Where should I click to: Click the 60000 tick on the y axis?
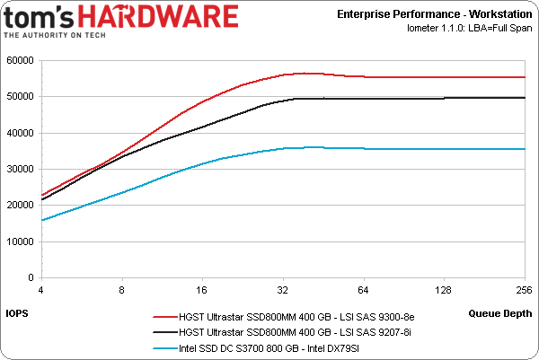[20, 60]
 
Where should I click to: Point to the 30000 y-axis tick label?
[20, 169]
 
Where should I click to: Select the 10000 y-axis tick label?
[20, 241]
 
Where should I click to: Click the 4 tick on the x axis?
[40, 290]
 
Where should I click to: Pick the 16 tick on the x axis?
[201, 290]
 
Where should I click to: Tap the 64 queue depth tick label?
[363, 290]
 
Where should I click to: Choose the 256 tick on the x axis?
[524, 290]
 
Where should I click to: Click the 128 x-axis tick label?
[443, 290]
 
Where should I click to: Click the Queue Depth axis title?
[500, 312]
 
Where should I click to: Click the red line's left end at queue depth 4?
[41, 195]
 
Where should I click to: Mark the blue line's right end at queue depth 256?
[524, 149]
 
